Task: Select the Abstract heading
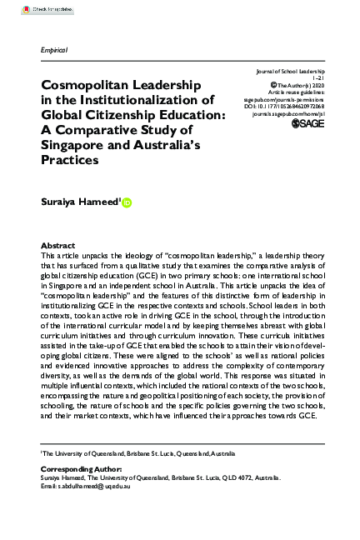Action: (x=57, y=246)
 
